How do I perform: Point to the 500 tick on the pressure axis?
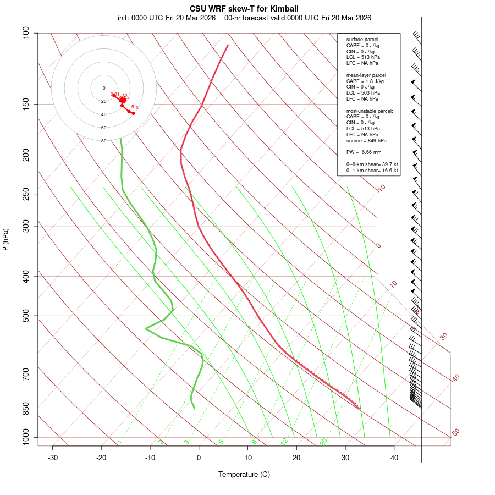pos(25,316)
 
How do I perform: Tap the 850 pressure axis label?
pos(25,409)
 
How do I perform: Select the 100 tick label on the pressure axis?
pos(25,33)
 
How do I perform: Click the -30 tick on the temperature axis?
pos(53,458)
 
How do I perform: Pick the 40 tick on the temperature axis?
pos(394,458)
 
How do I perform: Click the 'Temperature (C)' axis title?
pos(244,474)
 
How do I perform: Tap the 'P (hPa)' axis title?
pos(5,240)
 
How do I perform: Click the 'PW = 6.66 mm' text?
pos(364,152)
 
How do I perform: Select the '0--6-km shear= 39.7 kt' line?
pos(372,164)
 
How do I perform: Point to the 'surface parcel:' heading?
pos(363,40)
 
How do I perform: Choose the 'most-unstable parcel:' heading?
pos(370,111)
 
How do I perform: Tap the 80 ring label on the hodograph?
pos(103,141)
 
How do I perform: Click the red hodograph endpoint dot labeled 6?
pos(133,113)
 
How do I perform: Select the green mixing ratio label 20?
pos(323,442)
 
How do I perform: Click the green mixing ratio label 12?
pos(284,442)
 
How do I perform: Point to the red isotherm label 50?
pos(455,432)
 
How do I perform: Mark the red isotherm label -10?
pos(381,188)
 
